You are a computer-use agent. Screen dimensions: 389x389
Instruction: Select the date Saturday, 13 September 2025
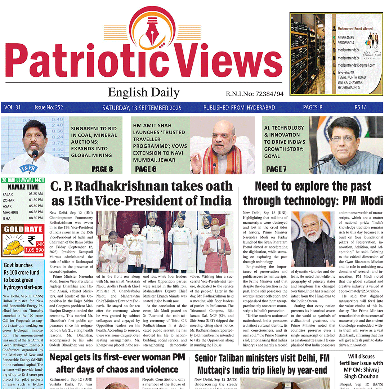click(x=142, y=108)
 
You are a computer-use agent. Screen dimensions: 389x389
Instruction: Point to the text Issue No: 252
click(x=49, y=108)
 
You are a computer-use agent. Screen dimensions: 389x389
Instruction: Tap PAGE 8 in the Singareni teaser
click(x=102, y=169)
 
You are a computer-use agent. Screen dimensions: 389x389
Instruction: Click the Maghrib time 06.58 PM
click(x=36, y=212)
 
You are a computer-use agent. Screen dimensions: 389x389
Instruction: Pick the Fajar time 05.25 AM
click(x=36, y=194)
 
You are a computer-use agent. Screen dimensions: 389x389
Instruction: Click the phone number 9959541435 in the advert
click(x=345, y=37)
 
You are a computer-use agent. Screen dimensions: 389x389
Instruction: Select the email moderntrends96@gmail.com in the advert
click(x=356, y=65)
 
